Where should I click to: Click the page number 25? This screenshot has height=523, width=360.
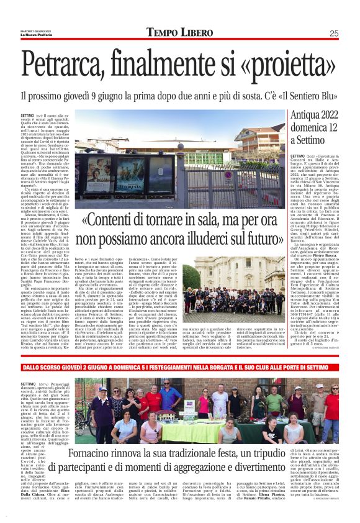coord(333,33)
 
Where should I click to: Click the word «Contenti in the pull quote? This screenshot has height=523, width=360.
coord(115,221)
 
